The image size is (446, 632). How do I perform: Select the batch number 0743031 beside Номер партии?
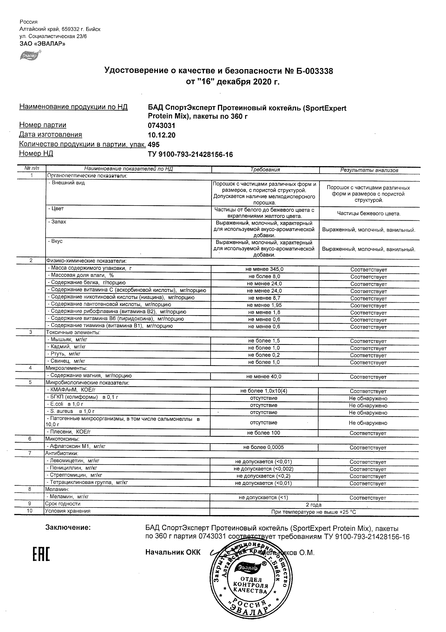161,126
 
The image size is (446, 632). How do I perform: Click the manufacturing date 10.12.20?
161,135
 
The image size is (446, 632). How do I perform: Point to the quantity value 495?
154,145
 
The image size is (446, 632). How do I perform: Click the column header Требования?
265,170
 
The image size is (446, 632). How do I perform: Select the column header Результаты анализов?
369,170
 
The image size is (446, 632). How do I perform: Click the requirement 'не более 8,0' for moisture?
264,276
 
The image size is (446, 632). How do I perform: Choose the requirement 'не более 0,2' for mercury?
264,355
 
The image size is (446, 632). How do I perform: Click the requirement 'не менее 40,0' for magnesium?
264,376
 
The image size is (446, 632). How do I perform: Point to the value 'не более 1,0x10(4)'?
264,391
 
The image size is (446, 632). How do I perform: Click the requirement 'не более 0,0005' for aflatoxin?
263,447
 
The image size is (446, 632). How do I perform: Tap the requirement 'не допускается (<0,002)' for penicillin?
263,469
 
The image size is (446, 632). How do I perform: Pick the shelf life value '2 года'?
314,505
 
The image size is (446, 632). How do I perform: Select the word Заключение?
68,527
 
